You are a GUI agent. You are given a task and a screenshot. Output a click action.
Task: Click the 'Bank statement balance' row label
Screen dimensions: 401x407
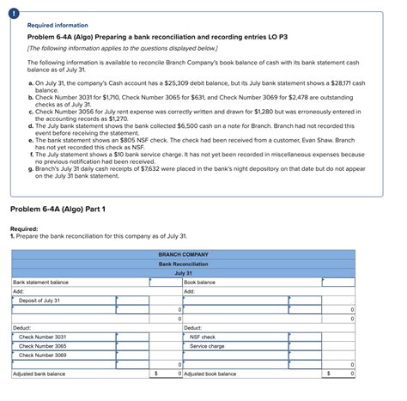click(x=41, y=282)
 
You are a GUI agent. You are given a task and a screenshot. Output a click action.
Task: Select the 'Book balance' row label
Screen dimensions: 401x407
click(x=200, y=282)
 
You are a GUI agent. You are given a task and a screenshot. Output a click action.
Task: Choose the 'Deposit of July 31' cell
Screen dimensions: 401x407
click(x=39, y=301)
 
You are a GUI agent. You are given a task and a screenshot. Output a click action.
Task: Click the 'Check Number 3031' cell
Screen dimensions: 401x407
click(x=43, y=337)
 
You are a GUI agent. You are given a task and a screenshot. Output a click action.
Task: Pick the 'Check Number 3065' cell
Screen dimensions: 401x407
click(x=43, y=346)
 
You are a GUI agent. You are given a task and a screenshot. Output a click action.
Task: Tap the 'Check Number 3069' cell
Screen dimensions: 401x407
click(x=43, y=355)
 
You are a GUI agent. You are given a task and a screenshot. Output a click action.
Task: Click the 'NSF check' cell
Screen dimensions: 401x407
click(x=203, y=337)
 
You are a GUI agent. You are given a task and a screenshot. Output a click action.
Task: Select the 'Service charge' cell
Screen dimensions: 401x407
click(x=207, y=346)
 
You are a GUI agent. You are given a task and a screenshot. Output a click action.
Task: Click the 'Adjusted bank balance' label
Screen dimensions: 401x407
click(x=39, y=374)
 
